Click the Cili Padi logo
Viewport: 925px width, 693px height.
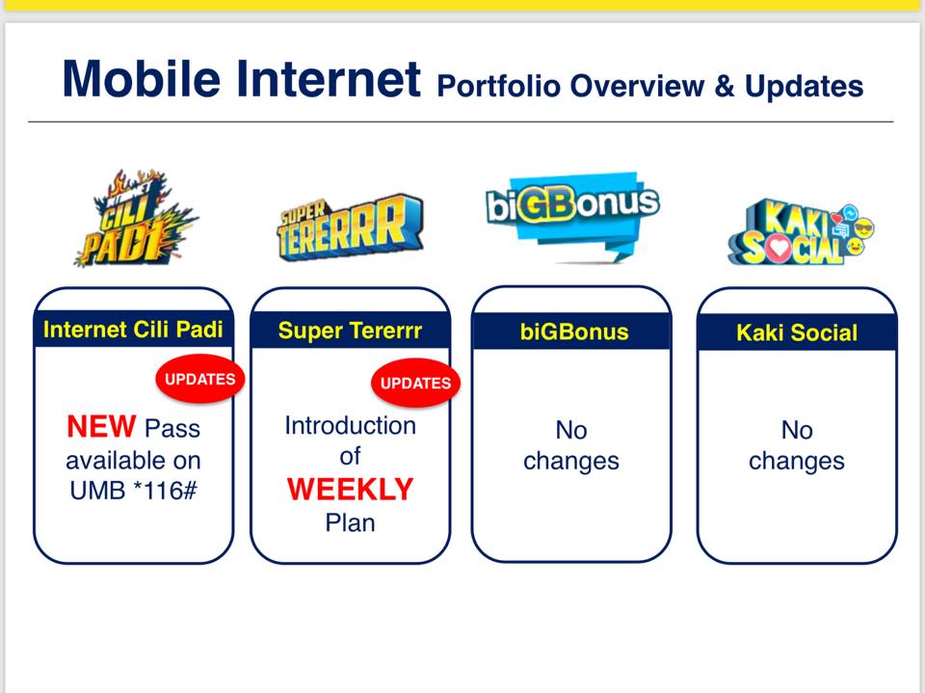135,219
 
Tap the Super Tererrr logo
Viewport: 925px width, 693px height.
350,227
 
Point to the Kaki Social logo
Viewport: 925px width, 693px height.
801,231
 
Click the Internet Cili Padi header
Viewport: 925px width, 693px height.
133,330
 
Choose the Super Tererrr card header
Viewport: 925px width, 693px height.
350,331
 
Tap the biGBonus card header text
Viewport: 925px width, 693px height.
574,332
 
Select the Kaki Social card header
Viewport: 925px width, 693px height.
797,333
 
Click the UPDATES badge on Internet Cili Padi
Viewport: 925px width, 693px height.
200,379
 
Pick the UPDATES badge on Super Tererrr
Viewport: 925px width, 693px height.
415,383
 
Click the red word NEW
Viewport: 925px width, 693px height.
101,427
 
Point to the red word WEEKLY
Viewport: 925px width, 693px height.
351,490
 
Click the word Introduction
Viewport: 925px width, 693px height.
351,426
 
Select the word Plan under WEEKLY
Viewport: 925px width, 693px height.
350,523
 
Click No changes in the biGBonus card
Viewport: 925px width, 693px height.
571,445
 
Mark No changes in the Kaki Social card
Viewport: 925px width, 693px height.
797,445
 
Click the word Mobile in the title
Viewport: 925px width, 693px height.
142,78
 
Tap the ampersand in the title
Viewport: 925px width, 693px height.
725,87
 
